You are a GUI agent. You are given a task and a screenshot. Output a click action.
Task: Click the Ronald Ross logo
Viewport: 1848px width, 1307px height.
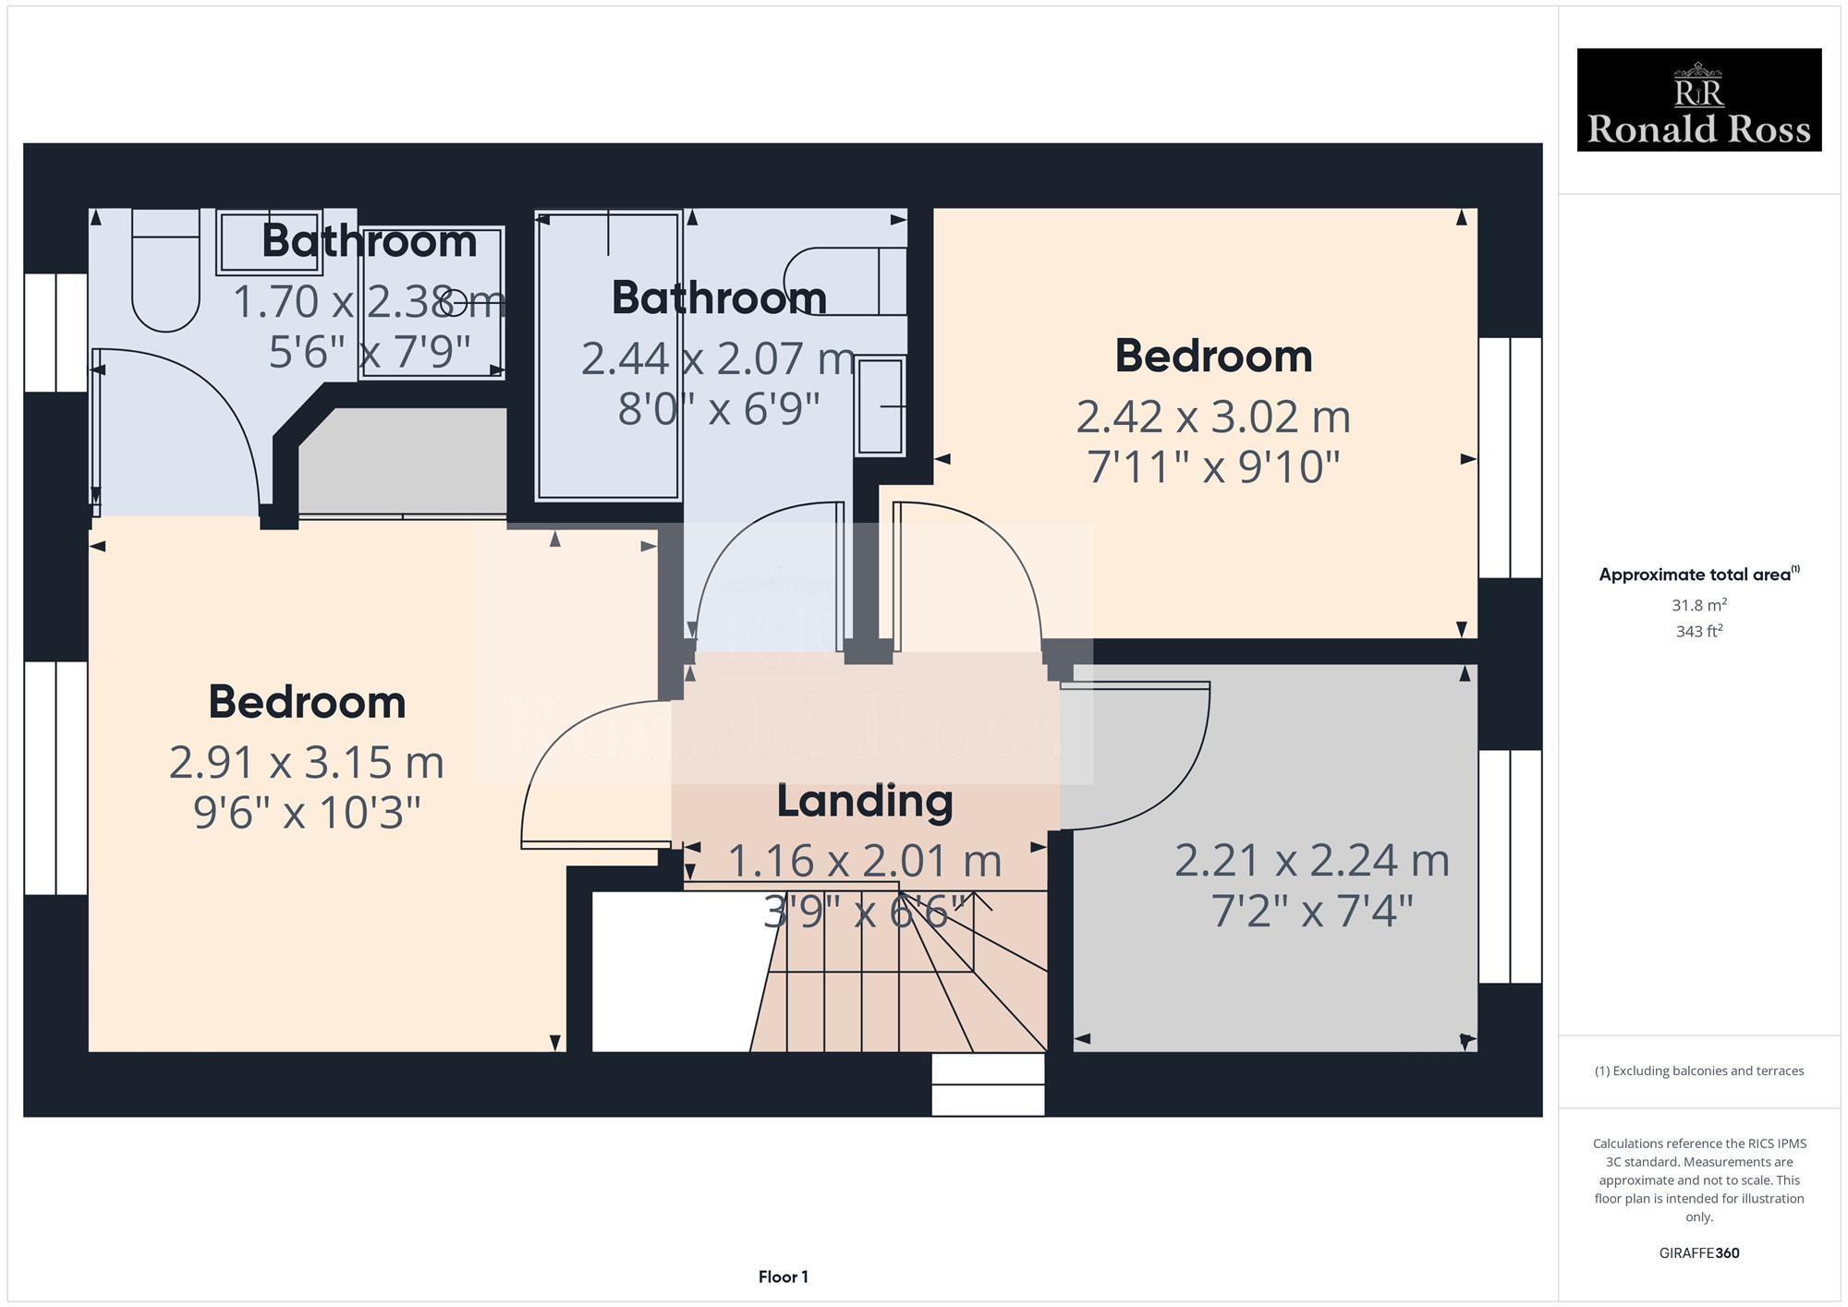[x=1698, y=100]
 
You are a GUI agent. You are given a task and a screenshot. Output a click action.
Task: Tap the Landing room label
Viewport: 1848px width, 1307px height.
[x=864, y=801]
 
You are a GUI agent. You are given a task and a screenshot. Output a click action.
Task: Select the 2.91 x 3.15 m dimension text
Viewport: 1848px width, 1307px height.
[x=307, y=763]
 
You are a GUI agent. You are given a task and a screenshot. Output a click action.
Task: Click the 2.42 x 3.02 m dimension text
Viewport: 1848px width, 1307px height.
[x=1213, y=417]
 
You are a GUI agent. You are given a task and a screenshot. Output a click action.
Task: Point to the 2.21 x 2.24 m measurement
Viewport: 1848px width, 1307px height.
[x=1311, y=861]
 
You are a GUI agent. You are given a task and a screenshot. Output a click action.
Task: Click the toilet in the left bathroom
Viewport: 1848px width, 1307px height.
[x=165, y=272]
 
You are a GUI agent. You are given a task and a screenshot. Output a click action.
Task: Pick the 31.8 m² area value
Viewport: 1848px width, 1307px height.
[x=1698, y=606]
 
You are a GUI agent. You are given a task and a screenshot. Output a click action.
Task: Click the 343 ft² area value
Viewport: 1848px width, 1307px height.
[x=1698, y=632]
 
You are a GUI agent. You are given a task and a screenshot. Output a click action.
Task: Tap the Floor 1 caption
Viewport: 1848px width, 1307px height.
[x=783, y=1277]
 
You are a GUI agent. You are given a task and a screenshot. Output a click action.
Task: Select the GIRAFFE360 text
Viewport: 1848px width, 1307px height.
[x=1698, y=1253]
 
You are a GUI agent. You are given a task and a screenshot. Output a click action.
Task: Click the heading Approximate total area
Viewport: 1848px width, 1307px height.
[x=1698, y=575]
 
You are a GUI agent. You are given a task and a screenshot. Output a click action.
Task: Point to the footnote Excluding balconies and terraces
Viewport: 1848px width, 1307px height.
[x=1698, y=1071]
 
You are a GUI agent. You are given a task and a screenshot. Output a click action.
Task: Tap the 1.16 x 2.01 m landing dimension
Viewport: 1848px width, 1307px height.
[x=864, y=861]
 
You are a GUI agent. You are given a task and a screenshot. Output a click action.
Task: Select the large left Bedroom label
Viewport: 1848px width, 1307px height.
[x=307, y=702]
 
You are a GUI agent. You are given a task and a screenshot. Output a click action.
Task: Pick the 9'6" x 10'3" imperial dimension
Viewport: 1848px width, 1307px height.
[x=307, y=814]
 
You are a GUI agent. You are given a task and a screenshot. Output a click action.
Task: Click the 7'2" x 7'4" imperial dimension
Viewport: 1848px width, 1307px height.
[x=1311, y=912]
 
